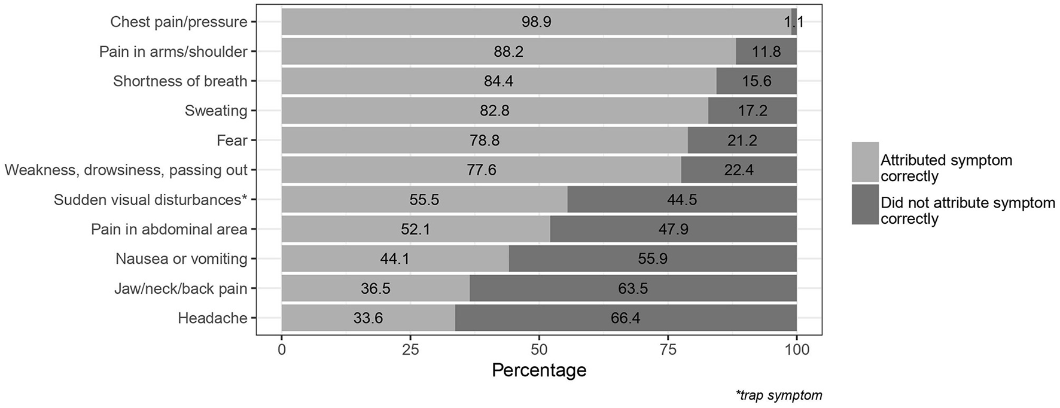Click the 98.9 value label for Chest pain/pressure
(x=536, y=22)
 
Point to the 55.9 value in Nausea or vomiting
(x=652, y=259)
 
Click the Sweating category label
(x=216, y=111)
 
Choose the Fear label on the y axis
(x=232, y=141)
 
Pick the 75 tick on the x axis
(x=668, y=349)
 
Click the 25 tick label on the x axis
(x=410, y=349)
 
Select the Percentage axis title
(x=539, y=370)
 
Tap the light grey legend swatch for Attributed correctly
(x=865, y=162)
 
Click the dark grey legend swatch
(x=865, y=205)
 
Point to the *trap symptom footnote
(x=779, y=395)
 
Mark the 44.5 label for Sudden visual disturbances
(x=682, y=200)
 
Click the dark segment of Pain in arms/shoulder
(x=766, y=52)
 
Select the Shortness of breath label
(x=180, y=81)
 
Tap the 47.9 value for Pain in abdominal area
(x=673, y=229)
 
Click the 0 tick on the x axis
(x=282, y=349)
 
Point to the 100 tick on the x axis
(x=796, y=349)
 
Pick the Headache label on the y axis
(x=212, y=318)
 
